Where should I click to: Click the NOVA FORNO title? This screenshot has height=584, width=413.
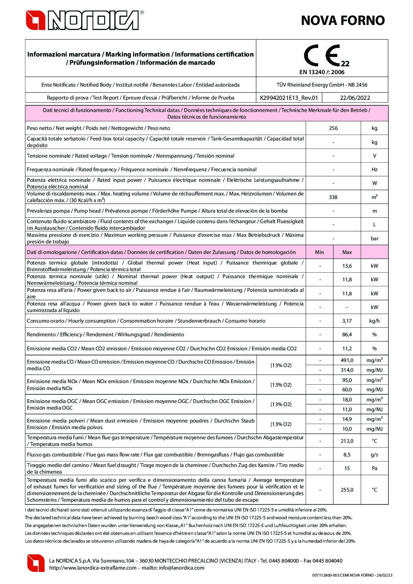(x=343, y=20)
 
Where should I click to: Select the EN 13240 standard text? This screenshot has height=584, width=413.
(x=322, y=72)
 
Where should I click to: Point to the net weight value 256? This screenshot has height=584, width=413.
(x=333, y=128)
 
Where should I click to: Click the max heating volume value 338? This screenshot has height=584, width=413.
(x=333, y=197)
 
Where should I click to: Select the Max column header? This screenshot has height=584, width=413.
(x=347, y=252)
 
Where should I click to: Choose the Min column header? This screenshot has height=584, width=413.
(x=319, y=252)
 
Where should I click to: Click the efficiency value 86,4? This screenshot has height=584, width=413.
(x=347, y=334)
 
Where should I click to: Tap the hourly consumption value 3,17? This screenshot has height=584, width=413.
(x=347, y=321)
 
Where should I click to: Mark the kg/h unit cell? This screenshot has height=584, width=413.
(x=374, y=321)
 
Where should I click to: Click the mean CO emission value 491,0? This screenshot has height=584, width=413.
(x=347, y=360)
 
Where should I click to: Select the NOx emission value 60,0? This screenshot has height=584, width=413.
(x=347, y=389)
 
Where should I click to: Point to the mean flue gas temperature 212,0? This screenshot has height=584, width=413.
(x=347, y=441)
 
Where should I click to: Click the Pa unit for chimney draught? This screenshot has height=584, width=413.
(x=374, y=468)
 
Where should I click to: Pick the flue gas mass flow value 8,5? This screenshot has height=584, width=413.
(x=347, y=454)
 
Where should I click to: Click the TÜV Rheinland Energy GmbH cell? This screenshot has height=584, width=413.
(x=322, y=85)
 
